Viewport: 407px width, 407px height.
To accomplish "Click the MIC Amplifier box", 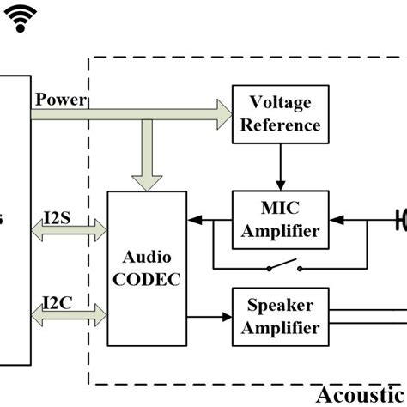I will pos(281,219).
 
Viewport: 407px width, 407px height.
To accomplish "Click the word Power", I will pos(60,100).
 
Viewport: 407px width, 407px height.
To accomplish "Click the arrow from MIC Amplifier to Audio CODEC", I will pos(210,219).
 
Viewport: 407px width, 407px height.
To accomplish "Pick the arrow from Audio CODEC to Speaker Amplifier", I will pos(210,317).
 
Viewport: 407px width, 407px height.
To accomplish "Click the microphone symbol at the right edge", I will pos(400,220).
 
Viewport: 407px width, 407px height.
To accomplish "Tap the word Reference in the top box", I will pos(281,125).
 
